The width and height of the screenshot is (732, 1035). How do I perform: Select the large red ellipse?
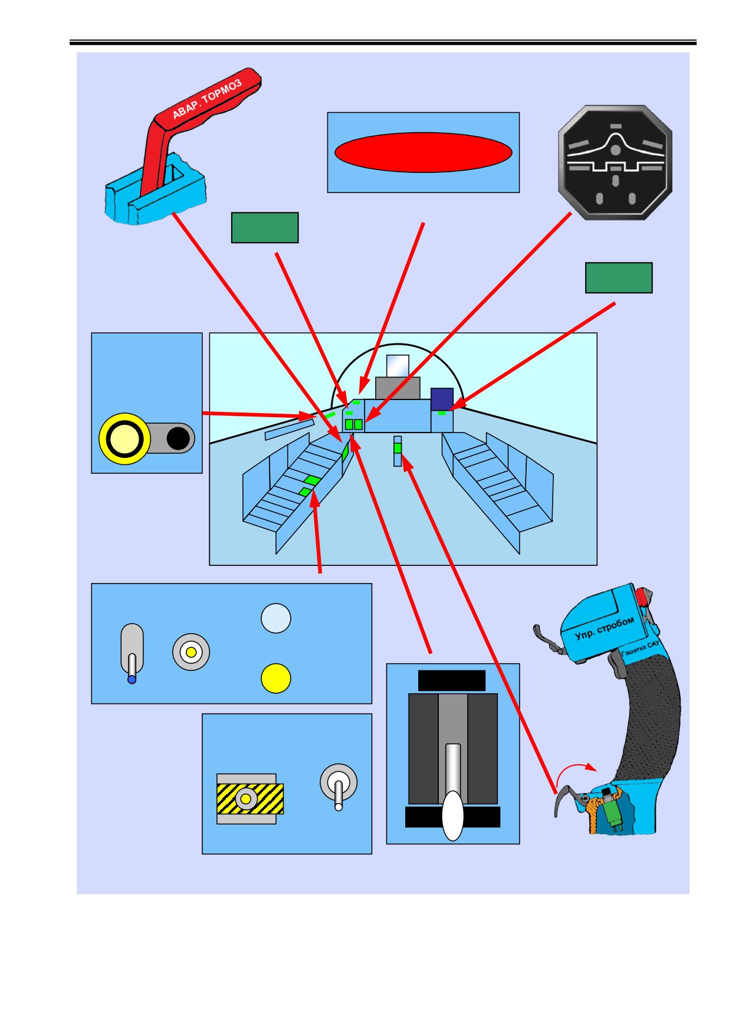(x=423, y=152)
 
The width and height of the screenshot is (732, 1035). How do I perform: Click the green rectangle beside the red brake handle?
(x=265, y=228)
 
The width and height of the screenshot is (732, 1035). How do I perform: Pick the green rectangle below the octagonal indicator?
(x=619, y=278)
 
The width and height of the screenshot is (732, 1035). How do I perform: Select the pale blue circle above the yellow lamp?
(x=276, y=618)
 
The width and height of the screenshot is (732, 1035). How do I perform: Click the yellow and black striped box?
(x=250, y=798)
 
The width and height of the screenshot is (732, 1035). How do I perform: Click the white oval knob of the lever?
(x=453, y=815)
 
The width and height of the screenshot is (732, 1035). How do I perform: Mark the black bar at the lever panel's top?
(x=452, y=680)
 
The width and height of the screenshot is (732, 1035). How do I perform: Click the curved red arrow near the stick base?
(x=578, y=768)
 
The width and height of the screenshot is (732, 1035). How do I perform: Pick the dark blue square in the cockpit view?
(x=442, y=399)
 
